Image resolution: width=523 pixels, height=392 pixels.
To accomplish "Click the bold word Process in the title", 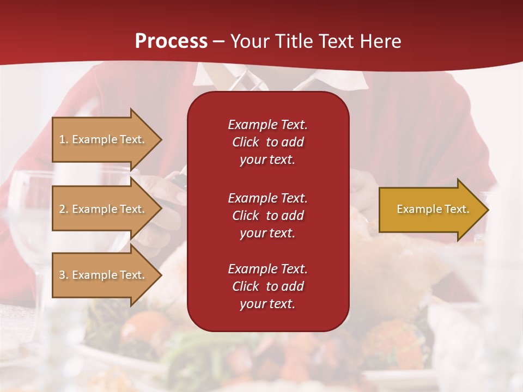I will (x=171, y=41).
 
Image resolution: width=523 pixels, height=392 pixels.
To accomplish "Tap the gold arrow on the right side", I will (x=430, y=209).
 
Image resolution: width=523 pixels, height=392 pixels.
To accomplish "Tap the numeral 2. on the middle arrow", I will (x=64, y=209).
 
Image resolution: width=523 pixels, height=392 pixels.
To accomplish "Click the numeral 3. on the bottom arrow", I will (x=64, y=275).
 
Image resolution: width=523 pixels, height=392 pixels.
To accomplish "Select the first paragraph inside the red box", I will (x=267, y=142).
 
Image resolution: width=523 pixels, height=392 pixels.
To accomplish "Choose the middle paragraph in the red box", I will (x=267, y=215).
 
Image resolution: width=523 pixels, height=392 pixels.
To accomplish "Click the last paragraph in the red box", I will (x=267, y=286).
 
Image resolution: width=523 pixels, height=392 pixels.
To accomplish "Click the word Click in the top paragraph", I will (x=245, y=142).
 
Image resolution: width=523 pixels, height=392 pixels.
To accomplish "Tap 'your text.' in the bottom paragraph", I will (x=267, y=304).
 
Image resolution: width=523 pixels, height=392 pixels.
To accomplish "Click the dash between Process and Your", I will (x=218, y=41).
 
